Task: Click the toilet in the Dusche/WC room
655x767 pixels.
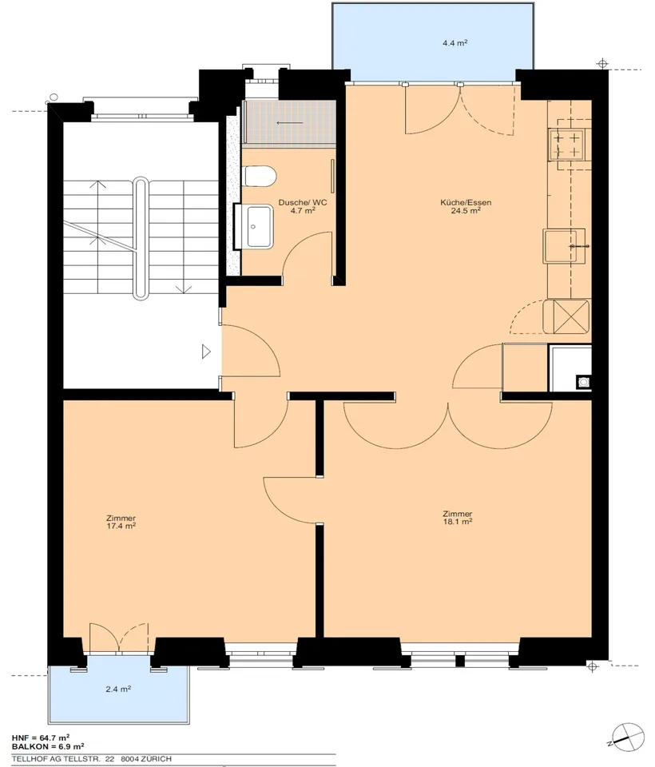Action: pyautogui.click(x=260, y=176)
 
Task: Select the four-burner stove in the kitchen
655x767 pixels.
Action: pyautogui.click(x=566, y=145)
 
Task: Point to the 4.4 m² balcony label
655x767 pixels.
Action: pyautogui.click(x=455, y=43)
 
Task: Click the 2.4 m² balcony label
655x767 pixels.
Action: pyautogui.click(x=118, y=690)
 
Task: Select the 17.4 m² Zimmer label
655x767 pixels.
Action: pyautogui.click(x=121, y=522)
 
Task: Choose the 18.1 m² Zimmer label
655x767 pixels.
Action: pyautogui.click(x=458, y=518)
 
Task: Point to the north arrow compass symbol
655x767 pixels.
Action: pyautogui.click(x=627, y=737)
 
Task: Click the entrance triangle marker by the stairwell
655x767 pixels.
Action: pyautogui.click(x=206, y=352)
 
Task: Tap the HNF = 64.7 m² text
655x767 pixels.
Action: pyautogui.click(x=41, y=737)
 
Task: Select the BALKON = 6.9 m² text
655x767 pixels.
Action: pyautogui.click(x=48, y=746)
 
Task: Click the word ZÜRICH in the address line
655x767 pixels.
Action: pyautogui.click(x=155, y=759)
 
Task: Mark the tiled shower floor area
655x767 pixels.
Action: pyautogui.click(x=289, y=122)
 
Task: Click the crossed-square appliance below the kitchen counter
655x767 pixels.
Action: pyautogui.click(x=566, y=316)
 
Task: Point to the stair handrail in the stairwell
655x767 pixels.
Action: pyautogui.click(x=141, y=238)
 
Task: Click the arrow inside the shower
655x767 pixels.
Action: pyautogui.click(x=290, y=123)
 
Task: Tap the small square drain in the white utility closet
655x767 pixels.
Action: pyautogui.click(x=583, y=382)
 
